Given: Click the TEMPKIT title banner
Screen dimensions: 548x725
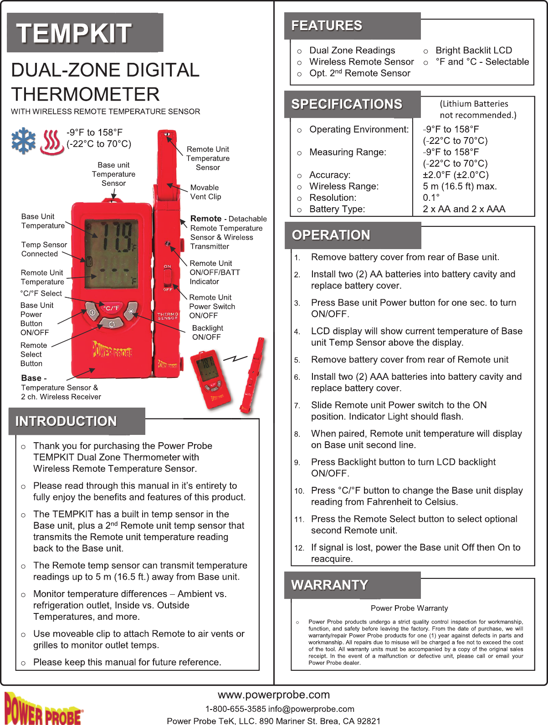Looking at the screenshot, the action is (85, 33).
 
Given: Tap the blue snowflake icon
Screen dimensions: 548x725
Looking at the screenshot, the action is (23, 140).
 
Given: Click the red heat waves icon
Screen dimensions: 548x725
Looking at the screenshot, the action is (51, 142).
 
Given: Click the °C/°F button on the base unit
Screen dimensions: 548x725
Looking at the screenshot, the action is (111, 308).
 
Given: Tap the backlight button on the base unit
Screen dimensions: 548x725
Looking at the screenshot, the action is (131, 311).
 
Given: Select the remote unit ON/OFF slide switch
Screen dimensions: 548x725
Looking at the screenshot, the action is (168, 277).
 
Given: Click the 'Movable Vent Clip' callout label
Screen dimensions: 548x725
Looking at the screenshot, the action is (205, 192).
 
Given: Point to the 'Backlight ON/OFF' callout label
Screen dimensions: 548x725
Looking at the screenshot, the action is (207, 332).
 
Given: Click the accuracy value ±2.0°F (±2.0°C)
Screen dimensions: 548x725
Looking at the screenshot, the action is (456, 175).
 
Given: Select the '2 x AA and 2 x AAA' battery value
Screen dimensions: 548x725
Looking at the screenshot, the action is (464, 209).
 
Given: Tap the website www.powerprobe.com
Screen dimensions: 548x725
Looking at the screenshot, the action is (274, 695).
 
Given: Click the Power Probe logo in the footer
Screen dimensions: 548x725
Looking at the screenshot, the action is (43, 709).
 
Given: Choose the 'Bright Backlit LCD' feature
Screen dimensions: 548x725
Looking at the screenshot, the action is (474, 51).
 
